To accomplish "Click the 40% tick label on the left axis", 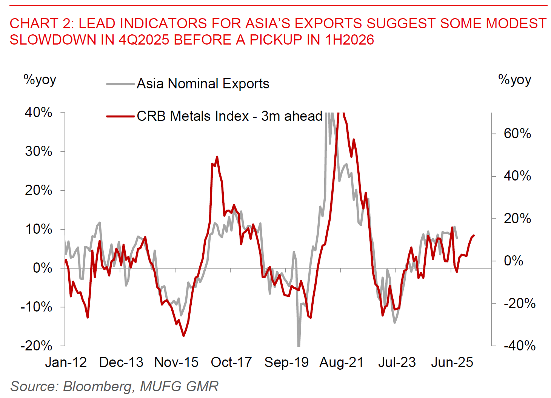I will tap(38, 113).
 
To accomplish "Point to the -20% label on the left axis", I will tap(37, 346).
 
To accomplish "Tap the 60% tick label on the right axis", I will tap(517, 134).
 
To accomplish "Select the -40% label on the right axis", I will tap(519, 346).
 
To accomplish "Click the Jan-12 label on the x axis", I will tap(66, 363).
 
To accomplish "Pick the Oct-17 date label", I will tap(231, 363).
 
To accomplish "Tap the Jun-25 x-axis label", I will tap(452, 363).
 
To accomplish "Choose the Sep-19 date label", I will tap(286, 363).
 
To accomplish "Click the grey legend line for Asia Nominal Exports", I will tap(120, 84).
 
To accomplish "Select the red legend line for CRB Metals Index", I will tap(120, 116).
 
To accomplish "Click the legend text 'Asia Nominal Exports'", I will tap(203, 84).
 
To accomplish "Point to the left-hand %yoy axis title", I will tap(40, 80).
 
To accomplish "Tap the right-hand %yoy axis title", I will tap(514, 80).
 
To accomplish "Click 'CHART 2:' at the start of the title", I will tap(42, 23).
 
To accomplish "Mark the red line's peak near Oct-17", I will tap(217, 157).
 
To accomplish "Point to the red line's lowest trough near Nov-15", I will tap(184, 336).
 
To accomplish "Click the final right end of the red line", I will tap(474, 236).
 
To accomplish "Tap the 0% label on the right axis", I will tap(513, 261).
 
